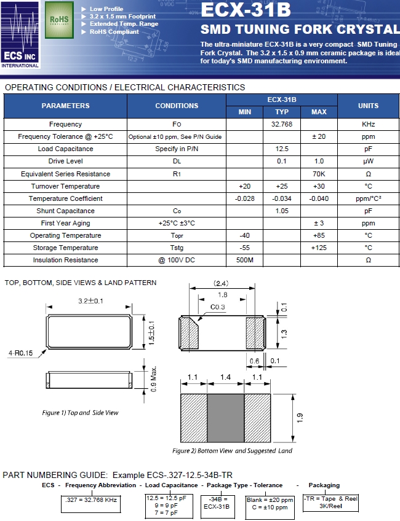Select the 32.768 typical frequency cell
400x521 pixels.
[x=281, y=124]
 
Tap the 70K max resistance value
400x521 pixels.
[x=319, y=174]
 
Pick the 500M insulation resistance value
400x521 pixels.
[x=244, y=260]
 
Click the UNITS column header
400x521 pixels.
[x=368, y=106]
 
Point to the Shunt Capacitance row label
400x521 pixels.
[x=65, y=211]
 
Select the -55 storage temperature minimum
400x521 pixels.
[x=244, y=248]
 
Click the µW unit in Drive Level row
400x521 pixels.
[x=368, y=161]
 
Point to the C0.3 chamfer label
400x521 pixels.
[x=218, y=307]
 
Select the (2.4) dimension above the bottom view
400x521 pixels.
[x=221, y=284]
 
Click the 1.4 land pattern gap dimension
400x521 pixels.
[x=225, y=377]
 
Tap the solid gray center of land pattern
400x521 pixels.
[x=225, y=418]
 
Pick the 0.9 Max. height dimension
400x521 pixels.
[x=154, y=379]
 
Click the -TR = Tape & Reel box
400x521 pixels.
[x=330, y=503]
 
